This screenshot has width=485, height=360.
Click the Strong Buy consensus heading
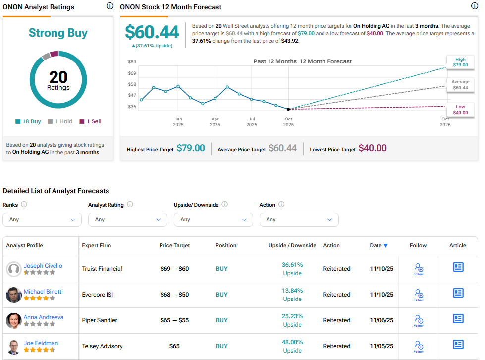(58, 33)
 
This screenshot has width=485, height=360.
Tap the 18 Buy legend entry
(28, 121)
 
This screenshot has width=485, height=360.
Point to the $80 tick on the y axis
(132, 62)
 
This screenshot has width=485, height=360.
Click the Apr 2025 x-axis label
(215, 121)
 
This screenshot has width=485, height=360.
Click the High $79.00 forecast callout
(460, 62)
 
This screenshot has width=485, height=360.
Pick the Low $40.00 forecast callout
(460, 110)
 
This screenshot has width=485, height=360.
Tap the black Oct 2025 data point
(288, 109)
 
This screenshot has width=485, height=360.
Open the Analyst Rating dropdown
(128, 219)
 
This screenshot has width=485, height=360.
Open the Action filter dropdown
(299, 219)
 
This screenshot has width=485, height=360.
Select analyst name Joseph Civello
(43, 266)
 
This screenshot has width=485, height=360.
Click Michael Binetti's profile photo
(13, 295)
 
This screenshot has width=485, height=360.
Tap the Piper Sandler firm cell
(100, 320)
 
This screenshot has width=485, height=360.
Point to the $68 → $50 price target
(174, 295)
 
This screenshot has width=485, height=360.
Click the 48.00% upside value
(292, 342)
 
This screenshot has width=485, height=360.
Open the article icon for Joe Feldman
(458, 344)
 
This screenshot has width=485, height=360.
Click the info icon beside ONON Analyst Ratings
(110, 6)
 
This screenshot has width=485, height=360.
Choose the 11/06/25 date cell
(381, 320)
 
